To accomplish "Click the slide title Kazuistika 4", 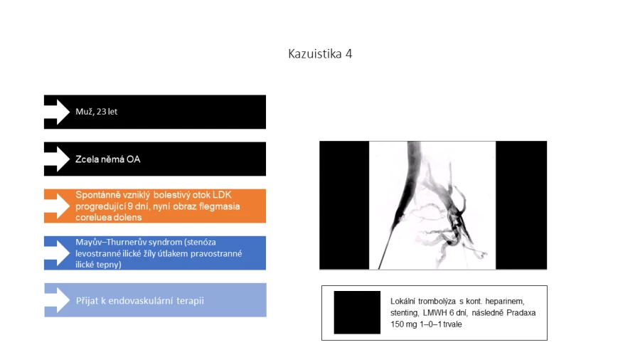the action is pyautogui.click(x=320, y=54).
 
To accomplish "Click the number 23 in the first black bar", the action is pyautogui.click(x=101, y=112).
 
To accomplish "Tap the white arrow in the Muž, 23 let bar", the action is pyautogui.click(x=57, y=112).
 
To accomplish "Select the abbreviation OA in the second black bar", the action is pyautogui.click(x=133, y=159).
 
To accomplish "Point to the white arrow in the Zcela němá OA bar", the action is pyautogui.click(x=57, y=159).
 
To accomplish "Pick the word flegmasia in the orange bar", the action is pyautogui.click(x=220, y=206).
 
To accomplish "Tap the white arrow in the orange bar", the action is pyautogui.click(x=57, y=206).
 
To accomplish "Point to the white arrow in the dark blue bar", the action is pyautogui.click(x=57, y=253).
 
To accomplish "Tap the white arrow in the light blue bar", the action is pyautogui.click(x=57, y=300).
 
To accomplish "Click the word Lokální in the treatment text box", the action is pyautogui.click(x=402, y=301).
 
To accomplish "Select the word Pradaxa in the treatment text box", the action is pyautogui.click(x=521, y=312).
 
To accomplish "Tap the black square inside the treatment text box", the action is pyautogui.click(x=357, y=312).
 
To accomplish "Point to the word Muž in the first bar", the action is pyautogui.click(x=84, y=112).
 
